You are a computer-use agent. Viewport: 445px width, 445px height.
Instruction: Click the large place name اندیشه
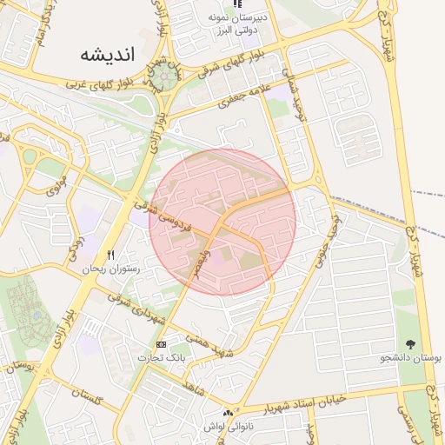109,56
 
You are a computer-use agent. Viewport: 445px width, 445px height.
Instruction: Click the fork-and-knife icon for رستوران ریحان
110,254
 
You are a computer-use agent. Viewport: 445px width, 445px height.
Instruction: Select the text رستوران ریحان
110,269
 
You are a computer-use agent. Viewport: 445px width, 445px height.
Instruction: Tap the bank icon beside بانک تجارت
161,343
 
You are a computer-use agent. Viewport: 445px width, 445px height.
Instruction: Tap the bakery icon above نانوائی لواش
227,414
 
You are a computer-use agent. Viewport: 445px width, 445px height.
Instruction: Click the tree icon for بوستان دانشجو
410,344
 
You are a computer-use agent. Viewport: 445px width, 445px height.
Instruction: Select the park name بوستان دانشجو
411,358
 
